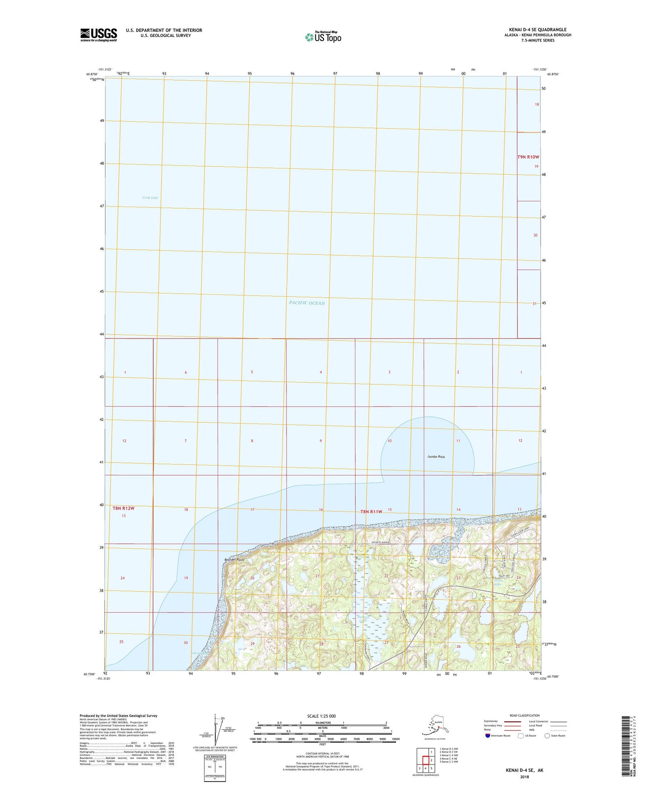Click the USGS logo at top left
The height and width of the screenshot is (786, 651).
pyautogui.click(x=98, y=35)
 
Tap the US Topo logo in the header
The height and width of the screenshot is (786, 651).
pyautogui.click(x=323, y=37)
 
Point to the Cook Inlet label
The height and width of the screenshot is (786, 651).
pyautogui.click(x=150, y=198)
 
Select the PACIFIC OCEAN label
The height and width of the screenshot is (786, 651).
pyautogui.click(x=306, y=303)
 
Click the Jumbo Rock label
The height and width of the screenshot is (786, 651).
pyautogui.click(x=436, y=456)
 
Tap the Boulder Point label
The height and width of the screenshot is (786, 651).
pyautogui.click(x=234, y=560)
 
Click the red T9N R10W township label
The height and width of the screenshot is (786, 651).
pyautogui.click(x=528, y=157)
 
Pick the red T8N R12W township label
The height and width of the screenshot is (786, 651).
pyautogui.click(x=123, y=508)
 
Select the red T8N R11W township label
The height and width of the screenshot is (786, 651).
pyautogui.click(x=371, y=511)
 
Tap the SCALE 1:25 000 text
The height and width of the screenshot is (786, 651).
pyautogui.click(x=321, y=716)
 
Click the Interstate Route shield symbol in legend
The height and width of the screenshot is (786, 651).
pyautogui.click(x=487, y=736)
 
